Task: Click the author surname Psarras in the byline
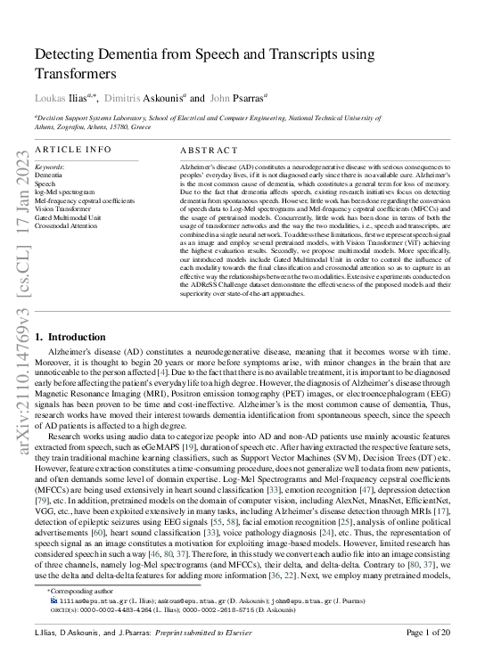click(239, 98)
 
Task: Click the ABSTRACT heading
click(209, 151)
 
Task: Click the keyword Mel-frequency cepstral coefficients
click(84, 200)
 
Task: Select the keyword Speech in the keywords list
click(45, 184)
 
